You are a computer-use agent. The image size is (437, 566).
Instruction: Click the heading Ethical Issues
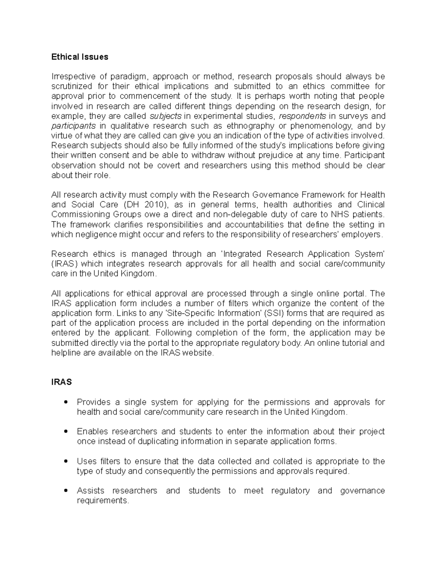coord(80,57)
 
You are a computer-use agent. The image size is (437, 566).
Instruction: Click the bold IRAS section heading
coord(62,382)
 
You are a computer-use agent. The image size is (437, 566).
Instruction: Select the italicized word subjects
coord(166,116)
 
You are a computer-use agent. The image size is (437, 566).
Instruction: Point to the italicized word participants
coord(73,126)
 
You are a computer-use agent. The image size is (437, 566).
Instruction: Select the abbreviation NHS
coord(341,214)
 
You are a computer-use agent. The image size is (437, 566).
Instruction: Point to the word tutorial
coord(349,343)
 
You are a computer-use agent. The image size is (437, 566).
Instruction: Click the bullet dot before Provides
coord(66,402)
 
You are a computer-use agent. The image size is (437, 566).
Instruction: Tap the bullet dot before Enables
coord(66,432)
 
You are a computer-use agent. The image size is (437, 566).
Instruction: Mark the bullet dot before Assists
coord(66,491)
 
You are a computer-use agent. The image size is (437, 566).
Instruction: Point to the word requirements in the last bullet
coord(103,501)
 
